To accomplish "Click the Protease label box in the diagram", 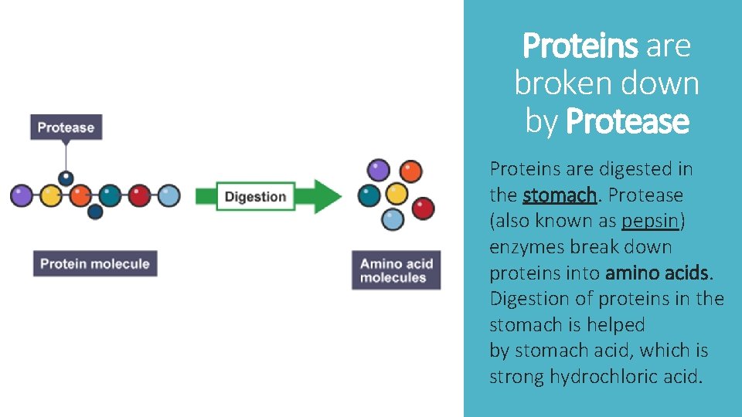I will tap(66, 127).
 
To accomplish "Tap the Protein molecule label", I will tap(94, 264).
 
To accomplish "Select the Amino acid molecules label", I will tap(396, 270).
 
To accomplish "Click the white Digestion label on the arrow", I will tap(255, 196).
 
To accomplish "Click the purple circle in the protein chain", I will tap(21, 195).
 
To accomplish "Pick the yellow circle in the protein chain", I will tap(50, 195).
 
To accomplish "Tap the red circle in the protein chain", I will tap(139, 195).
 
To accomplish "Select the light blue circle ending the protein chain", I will tap(168, 195).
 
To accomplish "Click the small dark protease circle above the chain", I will tap(66, 178).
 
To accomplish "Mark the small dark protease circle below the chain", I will tap(94, 211).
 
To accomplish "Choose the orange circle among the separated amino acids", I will tap(411, 171).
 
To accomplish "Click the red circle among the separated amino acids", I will tap(422, 208).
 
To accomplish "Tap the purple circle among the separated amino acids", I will tap(378, 169).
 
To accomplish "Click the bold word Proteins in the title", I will tap(580, 46).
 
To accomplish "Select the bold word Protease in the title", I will tap(627, 121).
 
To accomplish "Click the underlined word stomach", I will tap(559, 195).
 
